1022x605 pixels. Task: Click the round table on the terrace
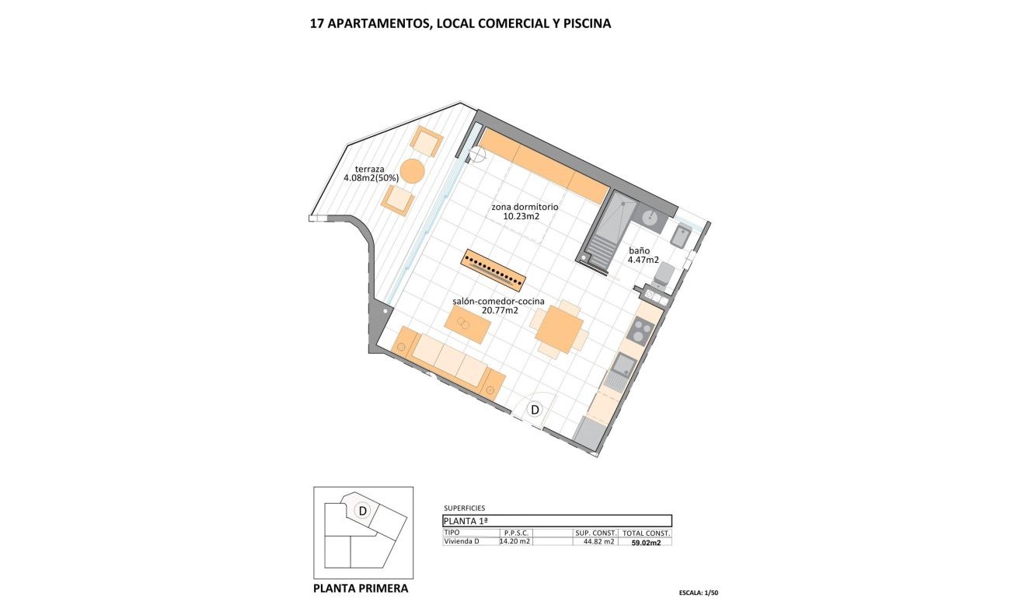click(x=412, y=170)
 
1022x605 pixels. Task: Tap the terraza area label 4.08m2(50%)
click(x=371, y=178)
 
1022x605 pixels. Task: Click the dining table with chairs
click(x=560, y=329)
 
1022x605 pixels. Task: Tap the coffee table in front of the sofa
click(x=468, y=325)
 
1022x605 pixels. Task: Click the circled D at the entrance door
click(x=535, y=409)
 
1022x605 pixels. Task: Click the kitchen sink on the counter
click(x=623, y=364)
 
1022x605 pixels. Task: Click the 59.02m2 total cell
click(x=646, y=543)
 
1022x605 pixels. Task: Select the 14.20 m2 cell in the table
click(x=514, y=541)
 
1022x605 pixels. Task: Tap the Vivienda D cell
click(x=462, y=541)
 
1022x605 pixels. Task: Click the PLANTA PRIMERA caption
click(x=360, y=589)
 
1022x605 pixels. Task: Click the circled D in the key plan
click(x=362, y=511)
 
